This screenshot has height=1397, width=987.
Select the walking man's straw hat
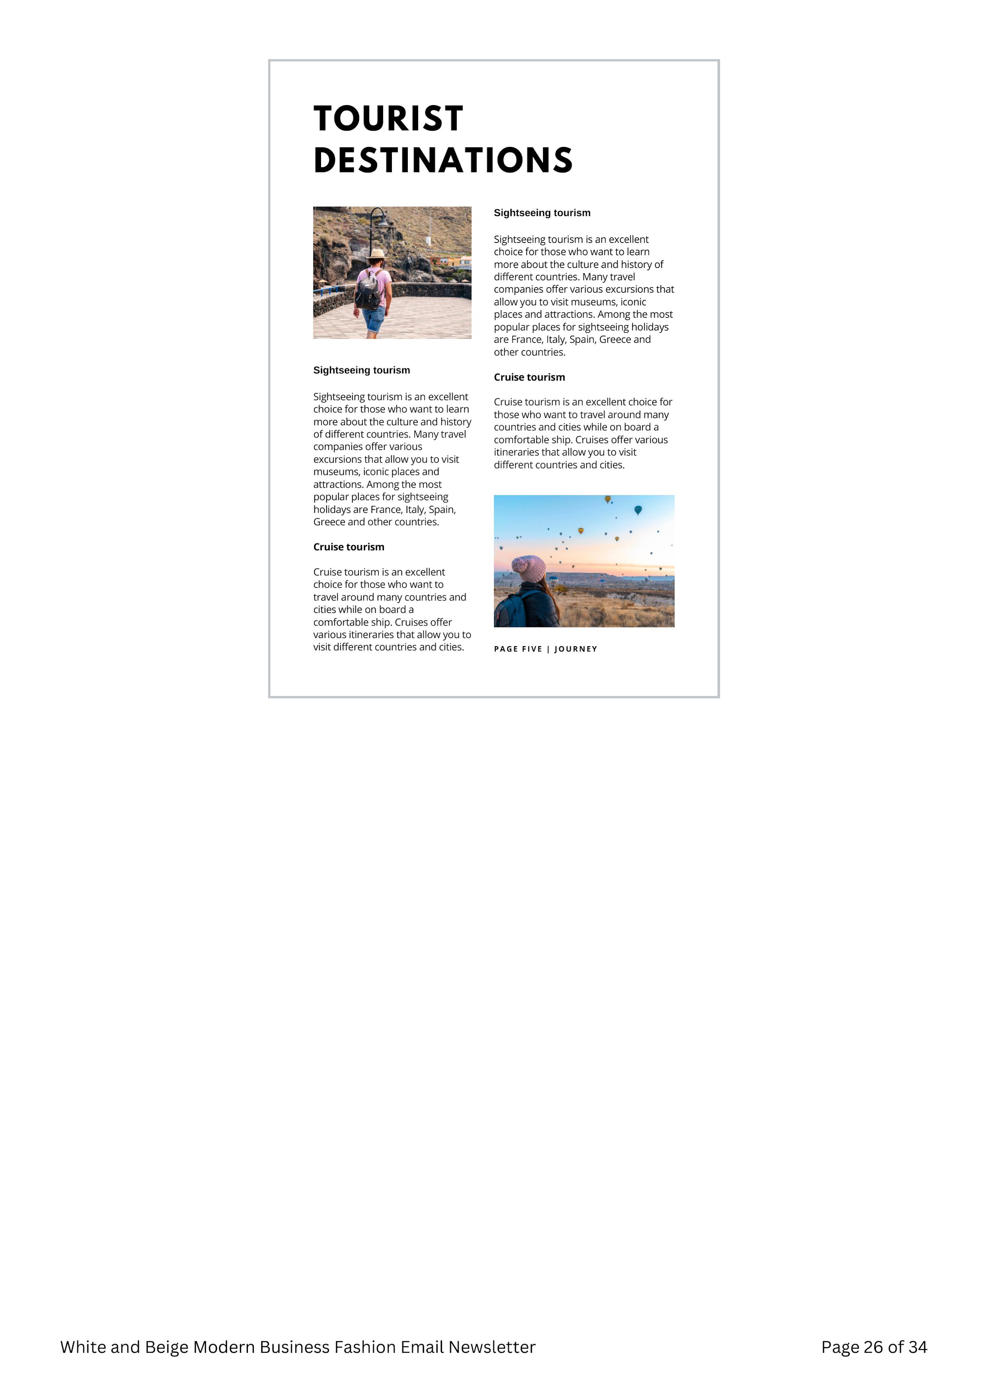(377, 254)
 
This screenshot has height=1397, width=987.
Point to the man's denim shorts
(374, 318)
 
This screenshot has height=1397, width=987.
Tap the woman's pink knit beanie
(529, 568)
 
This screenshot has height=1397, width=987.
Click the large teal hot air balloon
(638, 509)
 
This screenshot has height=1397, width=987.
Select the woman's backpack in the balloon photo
(510, 609)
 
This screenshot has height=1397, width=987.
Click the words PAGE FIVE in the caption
(518, 649)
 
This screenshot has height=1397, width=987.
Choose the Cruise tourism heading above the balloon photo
(529, 377)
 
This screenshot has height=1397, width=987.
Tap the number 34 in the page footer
(917, 1347)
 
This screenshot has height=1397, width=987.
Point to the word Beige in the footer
(166, 1347)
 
